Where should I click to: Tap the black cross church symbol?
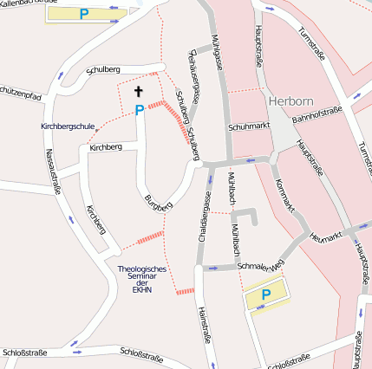pyautogui.click(x=138, y=91)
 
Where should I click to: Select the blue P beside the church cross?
pyautogui.click(x=139, y=110)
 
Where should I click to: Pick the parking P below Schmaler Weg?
pyautogui.click(x=266, y=295)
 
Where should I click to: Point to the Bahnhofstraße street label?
pyautogui.click(x=317, y=113)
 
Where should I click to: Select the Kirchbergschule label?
pyautogui.click(x=68, y=126)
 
